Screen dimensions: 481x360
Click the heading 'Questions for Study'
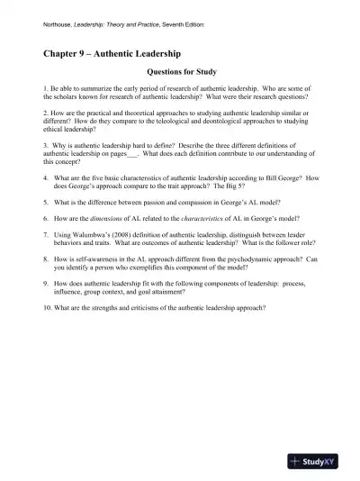[x=180, y=72]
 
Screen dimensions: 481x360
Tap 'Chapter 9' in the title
[x=70, y=53]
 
